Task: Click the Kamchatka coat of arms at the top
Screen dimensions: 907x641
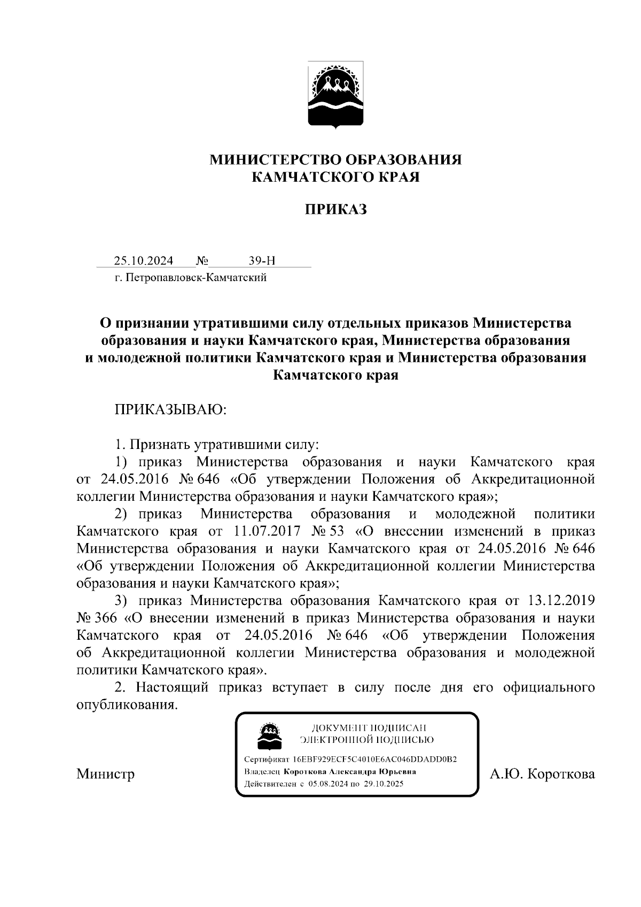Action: point(335,95)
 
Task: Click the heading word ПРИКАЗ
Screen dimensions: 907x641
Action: point(335,210)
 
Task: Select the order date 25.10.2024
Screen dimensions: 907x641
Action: point(143,261)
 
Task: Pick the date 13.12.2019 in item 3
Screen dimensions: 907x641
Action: point(561,600)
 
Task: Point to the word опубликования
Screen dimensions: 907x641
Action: point(126,704)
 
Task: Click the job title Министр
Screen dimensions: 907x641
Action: point(105,773)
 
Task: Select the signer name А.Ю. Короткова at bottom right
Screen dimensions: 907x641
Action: point(542,773)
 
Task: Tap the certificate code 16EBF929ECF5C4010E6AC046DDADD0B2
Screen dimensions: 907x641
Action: point(374,759)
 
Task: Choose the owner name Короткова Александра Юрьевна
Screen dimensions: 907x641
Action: point(350,772)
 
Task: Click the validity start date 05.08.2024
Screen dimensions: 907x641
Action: point(327,784)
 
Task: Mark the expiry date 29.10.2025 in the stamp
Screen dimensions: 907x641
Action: point(384,784)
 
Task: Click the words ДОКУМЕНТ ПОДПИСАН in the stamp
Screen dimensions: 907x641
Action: point(369,727)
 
